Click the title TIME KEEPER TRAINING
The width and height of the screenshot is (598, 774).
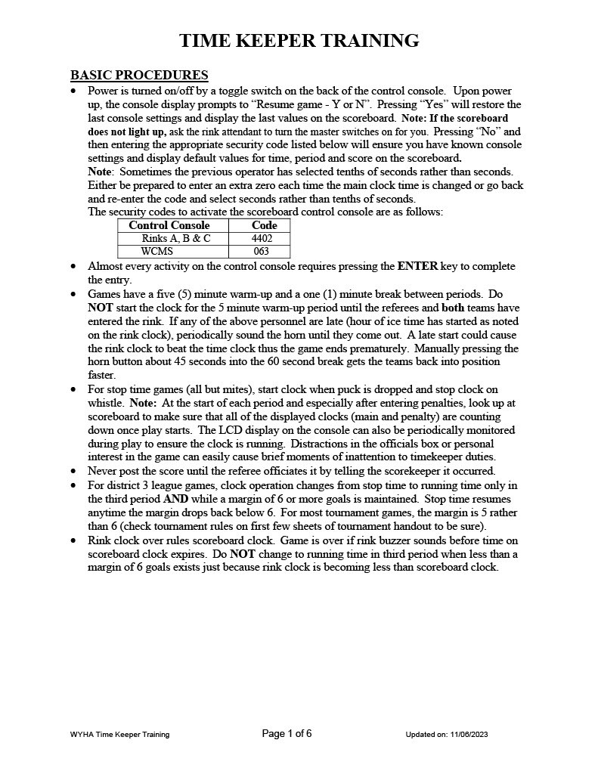coord(299,41)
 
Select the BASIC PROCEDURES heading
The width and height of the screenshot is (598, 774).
coord(139,75)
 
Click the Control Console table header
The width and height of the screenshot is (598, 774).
coord(169,225)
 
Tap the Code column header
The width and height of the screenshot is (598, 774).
coord(264,225)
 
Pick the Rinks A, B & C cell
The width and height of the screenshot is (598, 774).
coord(175,239)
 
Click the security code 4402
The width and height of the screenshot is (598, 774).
coord(262,239)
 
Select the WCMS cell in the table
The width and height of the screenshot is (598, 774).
coord(157,252)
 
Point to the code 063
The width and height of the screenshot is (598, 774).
coord(262,252)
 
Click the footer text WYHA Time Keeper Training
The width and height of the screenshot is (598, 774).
coord(119,735)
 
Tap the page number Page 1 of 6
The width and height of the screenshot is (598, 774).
coord(287,734)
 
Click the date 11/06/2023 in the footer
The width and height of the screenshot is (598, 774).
coord(474,735)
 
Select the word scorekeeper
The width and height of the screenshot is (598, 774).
coord(403,471)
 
